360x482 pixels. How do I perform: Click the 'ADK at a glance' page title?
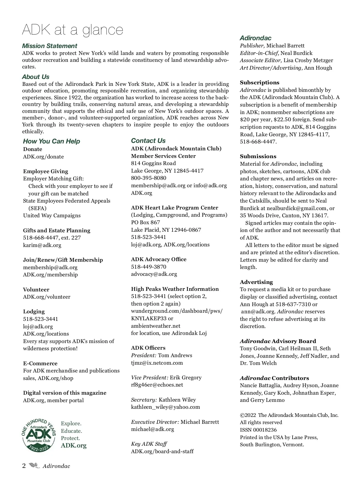[x=73, y=30]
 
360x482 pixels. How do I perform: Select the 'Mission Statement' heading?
[x=49, y=46]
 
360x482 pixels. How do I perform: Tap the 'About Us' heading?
[x=35, y=77]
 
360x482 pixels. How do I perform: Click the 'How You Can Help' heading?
[x=51, y=141]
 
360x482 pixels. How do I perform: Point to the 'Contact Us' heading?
[x=148, y=141]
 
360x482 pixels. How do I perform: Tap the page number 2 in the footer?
[x=24, y=466]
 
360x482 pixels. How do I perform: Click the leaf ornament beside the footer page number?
[x=34, y=466]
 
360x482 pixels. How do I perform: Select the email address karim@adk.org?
[x=42, y=245]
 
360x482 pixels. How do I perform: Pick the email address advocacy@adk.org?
[x=154, y=274]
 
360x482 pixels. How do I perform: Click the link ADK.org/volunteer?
[x=46, y=297]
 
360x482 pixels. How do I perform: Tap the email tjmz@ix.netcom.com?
[x=157, y=363]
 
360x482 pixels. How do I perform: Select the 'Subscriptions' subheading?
[x=259, y=83]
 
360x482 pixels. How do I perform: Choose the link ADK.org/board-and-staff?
[x=162, y=451]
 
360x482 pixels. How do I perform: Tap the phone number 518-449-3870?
[x=148, y=267]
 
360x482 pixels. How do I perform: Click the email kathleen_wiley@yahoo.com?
[x=165, y=407]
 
